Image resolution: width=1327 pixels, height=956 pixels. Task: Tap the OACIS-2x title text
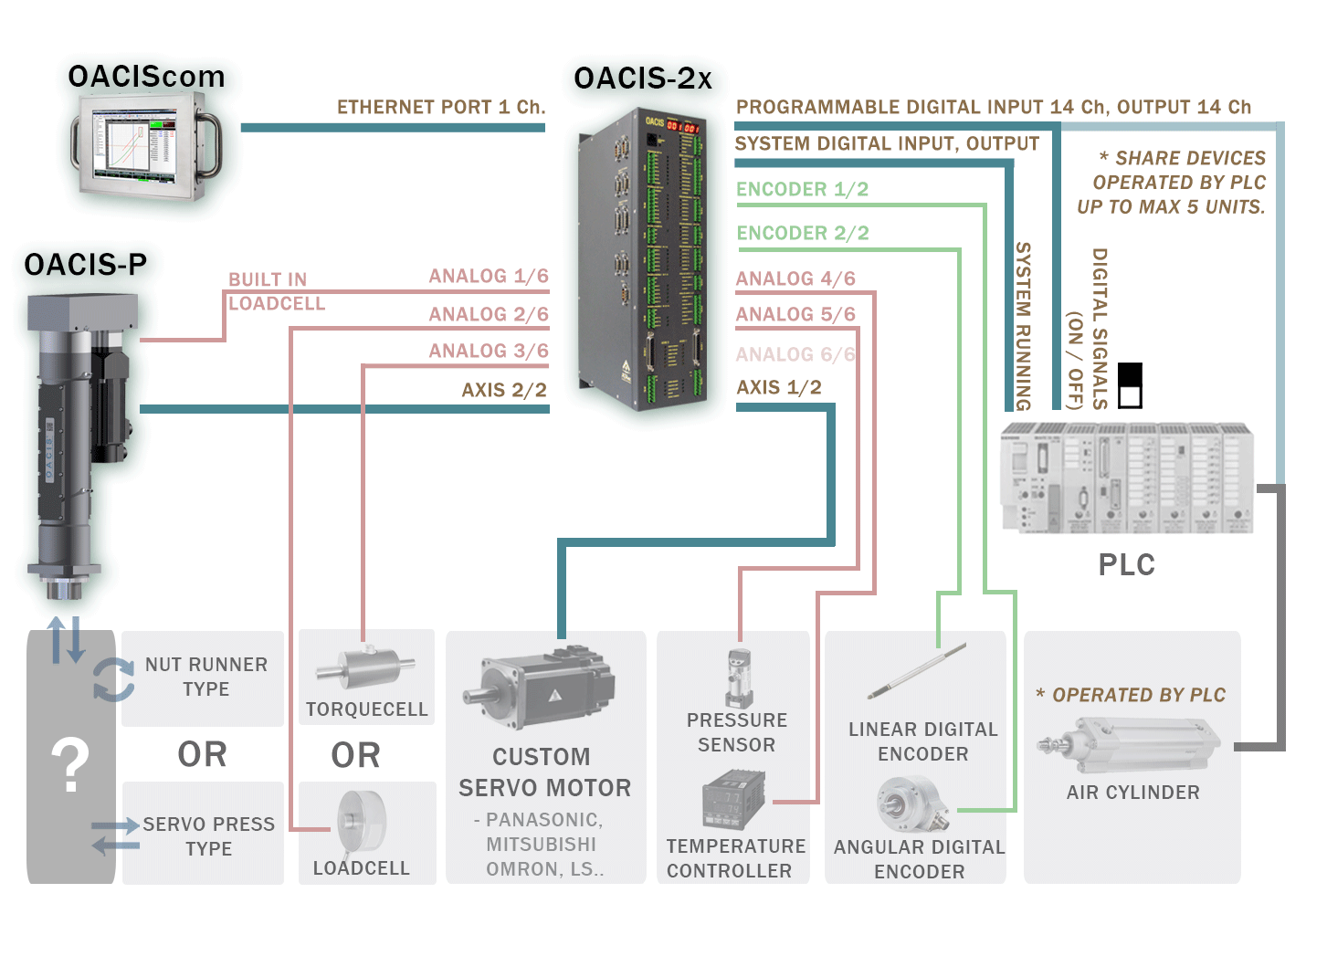point(643,79)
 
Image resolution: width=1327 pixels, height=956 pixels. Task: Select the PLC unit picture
point(1126,478)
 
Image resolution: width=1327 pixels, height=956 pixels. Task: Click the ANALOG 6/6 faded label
point(795,354)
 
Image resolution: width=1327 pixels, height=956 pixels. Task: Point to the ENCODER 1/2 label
point(802,189)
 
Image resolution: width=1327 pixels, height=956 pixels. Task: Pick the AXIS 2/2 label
point(503,390)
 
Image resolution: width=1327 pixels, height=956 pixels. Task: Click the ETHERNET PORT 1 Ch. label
point(441,107)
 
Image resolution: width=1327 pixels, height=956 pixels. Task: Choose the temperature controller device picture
point(733,800)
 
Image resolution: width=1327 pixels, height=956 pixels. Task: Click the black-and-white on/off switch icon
point(1130,385)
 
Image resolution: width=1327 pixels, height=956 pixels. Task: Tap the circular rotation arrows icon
point(113,679)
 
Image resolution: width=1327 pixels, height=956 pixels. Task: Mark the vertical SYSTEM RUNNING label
point(1023,326)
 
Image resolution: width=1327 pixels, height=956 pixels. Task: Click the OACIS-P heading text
point(85,265)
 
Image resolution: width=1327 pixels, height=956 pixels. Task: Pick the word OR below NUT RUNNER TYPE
point(202,754)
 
